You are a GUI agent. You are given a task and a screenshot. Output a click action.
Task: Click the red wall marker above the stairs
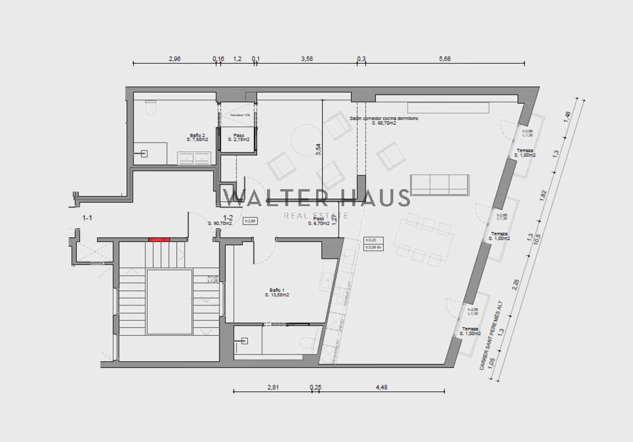click(x=159, y=239)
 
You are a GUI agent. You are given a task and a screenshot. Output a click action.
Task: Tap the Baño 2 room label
click(x=197, y=137)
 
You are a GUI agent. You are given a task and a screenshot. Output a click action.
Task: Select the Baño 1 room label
click(x=277, y=292)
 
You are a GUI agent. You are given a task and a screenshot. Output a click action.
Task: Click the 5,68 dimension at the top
click(x=445, y=59)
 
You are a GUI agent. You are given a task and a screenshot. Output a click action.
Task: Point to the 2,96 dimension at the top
click(x=174, y=59)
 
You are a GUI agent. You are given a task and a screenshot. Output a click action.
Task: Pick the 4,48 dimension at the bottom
click(x=381, y=387)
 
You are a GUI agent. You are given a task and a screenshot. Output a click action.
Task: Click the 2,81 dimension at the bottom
click(x=273, y=387)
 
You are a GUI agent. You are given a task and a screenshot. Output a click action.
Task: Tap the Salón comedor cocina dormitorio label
click(x=384, y=121)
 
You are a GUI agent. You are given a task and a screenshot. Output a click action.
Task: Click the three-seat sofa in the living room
click(x=440, y=185)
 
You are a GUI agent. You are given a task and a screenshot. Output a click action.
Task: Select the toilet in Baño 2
click(x=150, y=108)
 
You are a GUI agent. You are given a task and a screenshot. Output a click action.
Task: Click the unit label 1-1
click(x=87, y=218)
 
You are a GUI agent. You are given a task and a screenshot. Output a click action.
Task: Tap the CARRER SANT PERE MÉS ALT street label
click(x=492, y=335)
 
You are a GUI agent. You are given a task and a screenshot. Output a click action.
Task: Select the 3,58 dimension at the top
click(x=307, y=59)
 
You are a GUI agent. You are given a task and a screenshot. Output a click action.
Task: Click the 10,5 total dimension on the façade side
click(x=537, y=239)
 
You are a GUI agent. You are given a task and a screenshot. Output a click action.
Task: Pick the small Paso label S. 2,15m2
click(x=239, y=137)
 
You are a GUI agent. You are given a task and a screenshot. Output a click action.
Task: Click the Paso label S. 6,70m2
click(x=319, y=221)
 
